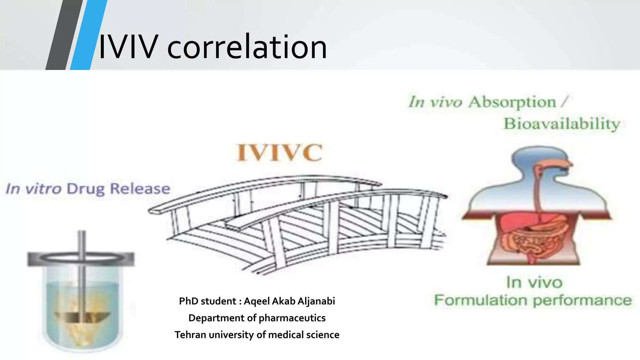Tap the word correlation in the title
pos(247,47)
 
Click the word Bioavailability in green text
pos(562,124)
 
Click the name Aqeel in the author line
pos(257,301)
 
